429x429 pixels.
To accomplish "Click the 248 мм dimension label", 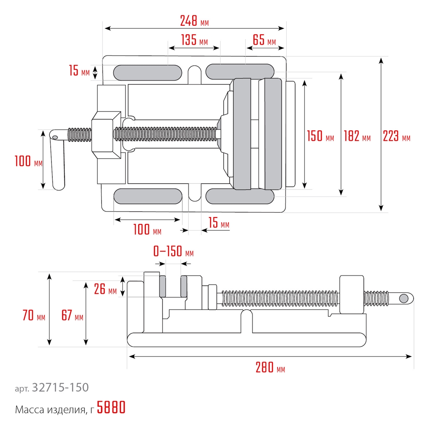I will (x=194, y=21).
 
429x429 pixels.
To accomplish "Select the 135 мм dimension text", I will (x=194, y=41).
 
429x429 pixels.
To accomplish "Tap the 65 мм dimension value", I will (x=264, y=41).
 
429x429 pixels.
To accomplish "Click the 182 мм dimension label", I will (x=357, y=137).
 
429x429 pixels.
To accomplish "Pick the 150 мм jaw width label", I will (x=320, y=137).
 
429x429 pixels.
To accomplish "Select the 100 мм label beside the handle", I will (x=28, y=162).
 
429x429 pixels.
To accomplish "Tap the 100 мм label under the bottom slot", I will (x=147, y=230).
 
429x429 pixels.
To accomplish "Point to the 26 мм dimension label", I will (x=105, y=290).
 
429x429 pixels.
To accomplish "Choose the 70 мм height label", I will (x=33, y=317).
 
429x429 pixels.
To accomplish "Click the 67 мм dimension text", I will (x=72, y=317).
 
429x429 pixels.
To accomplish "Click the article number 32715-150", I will (x=60, y=388).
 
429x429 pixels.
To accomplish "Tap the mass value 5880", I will (x=111, y=408).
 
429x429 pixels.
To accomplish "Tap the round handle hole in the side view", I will (x=404, y=298).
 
